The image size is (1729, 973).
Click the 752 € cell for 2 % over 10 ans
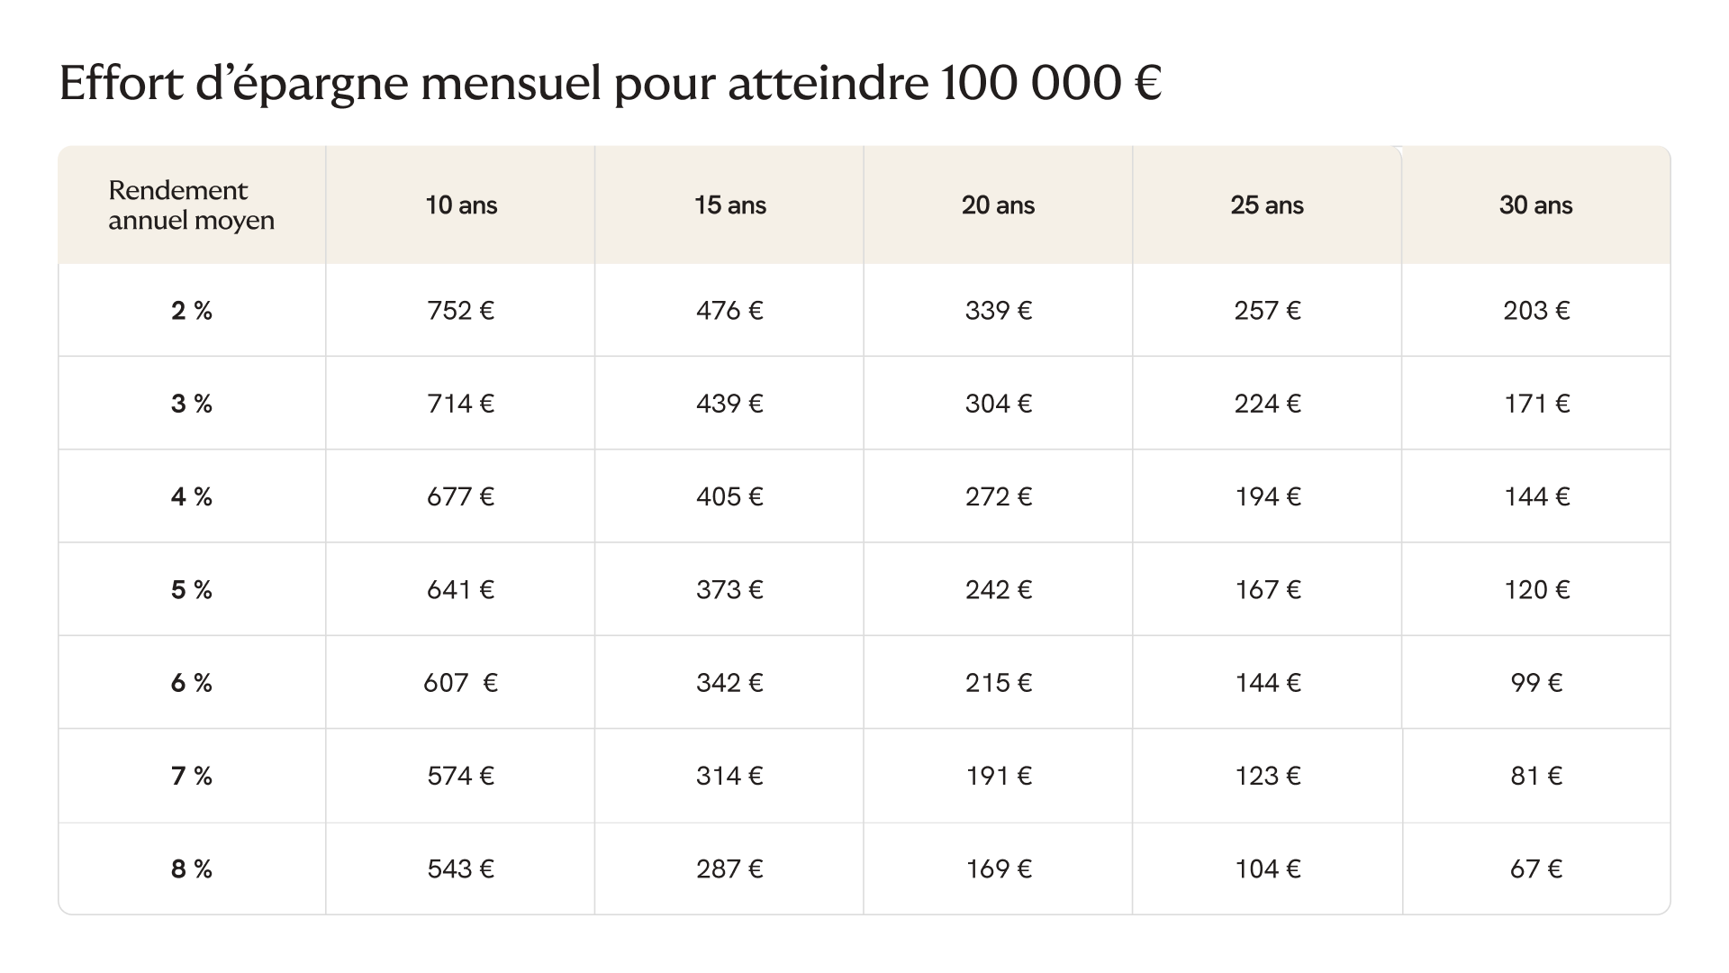[x=460, y=311]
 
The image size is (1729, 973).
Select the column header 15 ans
[x=729, y=205]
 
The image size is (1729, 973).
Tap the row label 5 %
[x=192, y=590]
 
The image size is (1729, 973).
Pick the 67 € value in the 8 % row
[x=1536, y=869]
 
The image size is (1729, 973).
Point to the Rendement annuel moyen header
[x=191, y=205]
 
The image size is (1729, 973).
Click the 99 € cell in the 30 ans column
[x=1536, y=683]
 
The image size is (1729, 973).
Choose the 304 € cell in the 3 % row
[x=998, y=404]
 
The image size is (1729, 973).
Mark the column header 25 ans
[x=1267, y=205]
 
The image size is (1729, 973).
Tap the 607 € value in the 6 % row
[x=460, y=683]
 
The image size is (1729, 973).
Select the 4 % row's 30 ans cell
[x=1536, y=497]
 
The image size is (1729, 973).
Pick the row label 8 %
[x=192, y=869]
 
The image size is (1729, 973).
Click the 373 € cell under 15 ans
[x=729, y=590]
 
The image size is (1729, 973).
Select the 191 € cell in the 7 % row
[x=998, y=777]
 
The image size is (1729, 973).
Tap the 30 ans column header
[x=1535, y=205]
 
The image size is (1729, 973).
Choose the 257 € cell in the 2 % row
[x=1267, y=311]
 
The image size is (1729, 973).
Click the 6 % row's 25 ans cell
[x=1267, y=683]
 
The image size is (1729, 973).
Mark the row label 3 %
[x=192, y=404]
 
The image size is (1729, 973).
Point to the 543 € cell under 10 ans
[x=460, y=869]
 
